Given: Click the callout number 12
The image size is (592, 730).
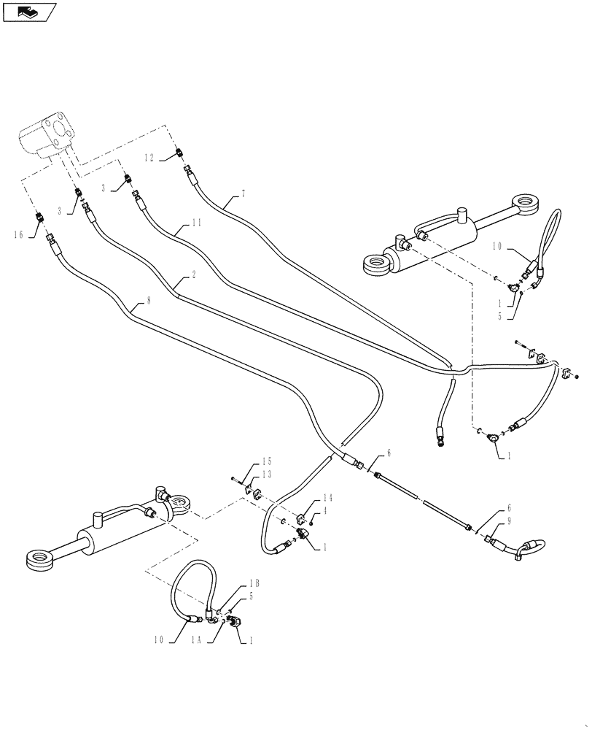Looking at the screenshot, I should (x=149, y=157).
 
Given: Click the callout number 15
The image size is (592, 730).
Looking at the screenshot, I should (x=266, y=461).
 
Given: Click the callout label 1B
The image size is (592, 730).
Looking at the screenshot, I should (x=254, y=583).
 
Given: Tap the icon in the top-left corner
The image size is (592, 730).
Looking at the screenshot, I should (x=29, y=12).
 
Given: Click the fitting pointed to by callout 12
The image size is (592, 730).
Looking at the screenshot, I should (x=179, y=154).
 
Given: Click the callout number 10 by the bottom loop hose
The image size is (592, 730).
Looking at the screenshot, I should (x=160, y=641).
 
